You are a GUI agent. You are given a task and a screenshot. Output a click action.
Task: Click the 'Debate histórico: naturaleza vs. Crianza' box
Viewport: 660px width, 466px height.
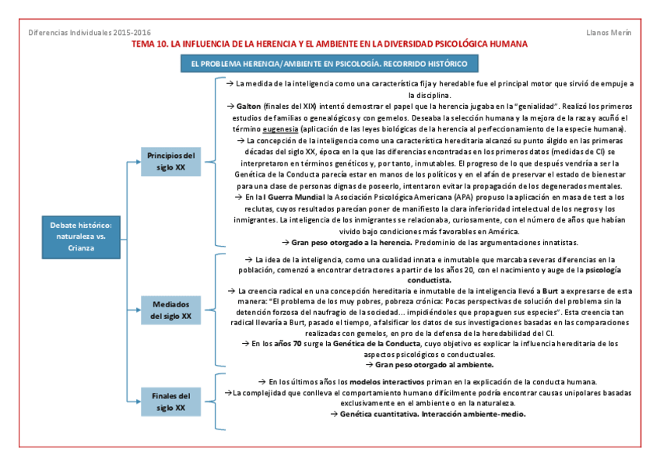[x=80, y=236]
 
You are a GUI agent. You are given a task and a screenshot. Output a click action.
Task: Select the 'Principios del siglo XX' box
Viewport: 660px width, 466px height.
[x=170, y=161]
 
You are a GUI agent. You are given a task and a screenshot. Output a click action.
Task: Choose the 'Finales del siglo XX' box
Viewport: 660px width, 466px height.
[x=170, y=401]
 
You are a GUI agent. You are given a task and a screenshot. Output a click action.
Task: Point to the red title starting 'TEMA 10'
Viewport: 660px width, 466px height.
[x=330, y=44]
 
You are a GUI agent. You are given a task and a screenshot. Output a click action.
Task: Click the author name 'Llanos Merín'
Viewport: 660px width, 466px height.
[x=609, y=32]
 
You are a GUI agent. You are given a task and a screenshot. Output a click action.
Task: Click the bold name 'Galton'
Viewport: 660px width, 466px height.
[x=248, y=106]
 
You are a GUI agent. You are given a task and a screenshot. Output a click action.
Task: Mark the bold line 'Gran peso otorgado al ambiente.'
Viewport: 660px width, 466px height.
[x=434, y=364]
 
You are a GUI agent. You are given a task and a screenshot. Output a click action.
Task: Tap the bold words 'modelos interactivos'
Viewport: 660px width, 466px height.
[x=387, y=382]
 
